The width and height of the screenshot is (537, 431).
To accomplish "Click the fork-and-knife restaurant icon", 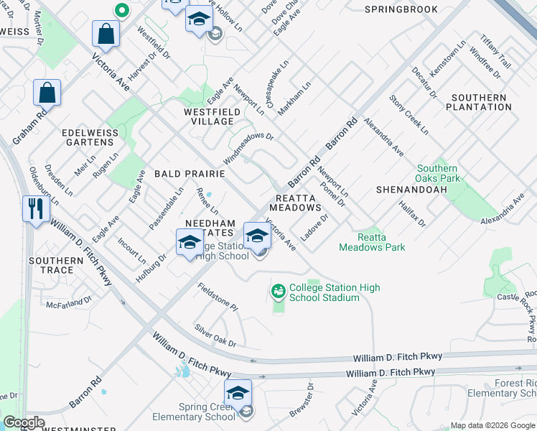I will coord(34,209).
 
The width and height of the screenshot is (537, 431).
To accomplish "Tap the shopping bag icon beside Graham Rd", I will coord(47,93).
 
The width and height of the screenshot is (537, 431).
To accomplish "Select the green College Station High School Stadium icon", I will coord(278,292).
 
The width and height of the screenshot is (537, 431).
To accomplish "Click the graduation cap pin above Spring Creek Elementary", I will coord(238,392).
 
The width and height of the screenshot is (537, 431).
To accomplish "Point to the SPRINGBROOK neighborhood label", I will coord(401,9).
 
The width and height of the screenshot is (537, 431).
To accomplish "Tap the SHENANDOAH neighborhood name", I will coord(411,189).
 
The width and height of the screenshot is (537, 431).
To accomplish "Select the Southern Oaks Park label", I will coord(438,173).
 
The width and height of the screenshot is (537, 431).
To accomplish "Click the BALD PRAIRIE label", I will coord(190,174).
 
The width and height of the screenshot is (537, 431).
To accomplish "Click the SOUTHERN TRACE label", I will coord(57,265).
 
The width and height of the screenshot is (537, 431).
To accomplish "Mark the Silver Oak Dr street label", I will coord(215,335).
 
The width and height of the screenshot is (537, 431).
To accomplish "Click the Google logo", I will coord(24,422).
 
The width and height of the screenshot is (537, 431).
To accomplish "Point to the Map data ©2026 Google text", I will coord(492,425).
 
